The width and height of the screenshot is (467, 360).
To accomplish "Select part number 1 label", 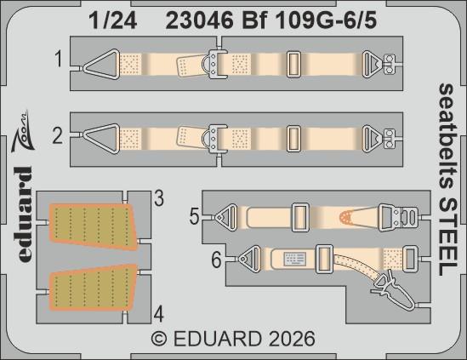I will (x=58, y=61).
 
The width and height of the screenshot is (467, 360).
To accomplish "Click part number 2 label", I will (x=58, y=133).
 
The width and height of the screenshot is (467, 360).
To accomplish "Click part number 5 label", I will (x=195, y=217).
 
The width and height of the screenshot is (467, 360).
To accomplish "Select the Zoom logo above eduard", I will (x=26, y=130).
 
